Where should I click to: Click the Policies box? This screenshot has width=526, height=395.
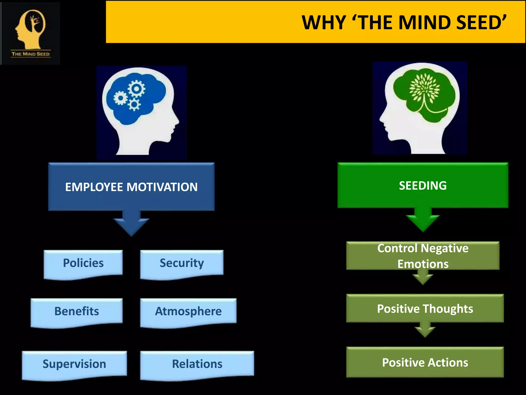pyautogui.click(x=83, y=263)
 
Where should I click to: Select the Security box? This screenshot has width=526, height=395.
pyautogui.click(x=182, y=263)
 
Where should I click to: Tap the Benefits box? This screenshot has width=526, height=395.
pyautogui.click(x=77, y=311)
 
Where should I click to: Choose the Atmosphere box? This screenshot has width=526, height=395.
pyautogui.click(x=188, y=311)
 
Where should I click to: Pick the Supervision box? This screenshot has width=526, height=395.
pyautogui.click(x=74, y=364)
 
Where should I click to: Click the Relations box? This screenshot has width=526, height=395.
pyautogui.click(x=197, y=364)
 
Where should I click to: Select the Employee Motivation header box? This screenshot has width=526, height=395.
pyautogui.click(x=131, y=187)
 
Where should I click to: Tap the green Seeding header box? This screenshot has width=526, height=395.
pyautogui.click(x=423, y=185)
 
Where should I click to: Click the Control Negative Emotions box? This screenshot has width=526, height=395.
pyautogui.click(x=423, y=256)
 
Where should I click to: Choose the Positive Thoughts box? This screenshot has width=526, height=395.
pyautogui.click(x=425, y=308)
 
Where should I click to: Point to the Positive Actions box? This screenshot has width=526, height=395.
pyautogui.click(x=425, y=362)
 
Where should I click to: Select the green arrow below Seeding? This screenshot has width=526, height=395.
pyautogui.click(x=423, y=220)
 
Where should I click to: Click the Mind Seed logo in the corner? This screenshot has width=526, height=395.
pyautogui.click(x=31, y=33)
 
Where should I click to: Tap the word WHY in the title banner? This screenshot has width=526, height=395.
pyautogui.click(x=323, y=23)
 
